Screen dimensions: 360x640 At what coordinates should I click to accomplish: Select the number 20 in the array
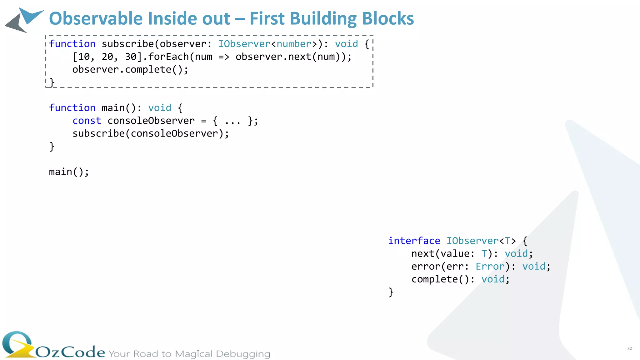[107, 57]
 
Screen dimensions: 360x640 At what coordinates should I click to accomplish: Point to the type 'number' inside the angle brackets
[294, 44]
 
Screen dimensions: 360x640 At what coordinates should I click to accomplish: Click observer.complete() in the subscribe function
[130, 70]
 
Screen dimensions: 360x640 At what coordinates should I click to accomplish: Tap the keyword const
[87, 121]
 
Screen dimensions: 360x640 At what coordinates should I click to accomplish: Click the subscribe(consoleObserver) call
[151, 134]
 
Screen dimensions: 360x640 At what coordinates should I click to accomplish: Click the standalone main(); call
[69, 172]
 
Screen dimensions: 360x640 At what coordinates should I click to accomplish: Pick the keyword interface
[414, 241]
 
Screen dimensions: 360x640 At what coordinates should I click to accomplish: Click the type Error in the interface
[490, 267]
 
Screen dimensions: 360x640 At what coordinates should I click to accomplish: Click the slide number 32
[629, 348]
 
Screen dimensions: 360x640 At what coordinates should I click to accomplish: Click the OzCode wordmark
[70, 352]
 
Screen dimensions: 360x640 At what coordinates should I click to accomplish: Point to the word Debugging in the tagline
[243, 354]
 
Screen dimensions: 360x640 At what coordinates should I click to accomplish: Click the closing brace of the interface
[391, 292]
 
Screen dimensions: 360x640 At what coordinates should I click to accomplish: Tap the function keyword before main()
[72, 108]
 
